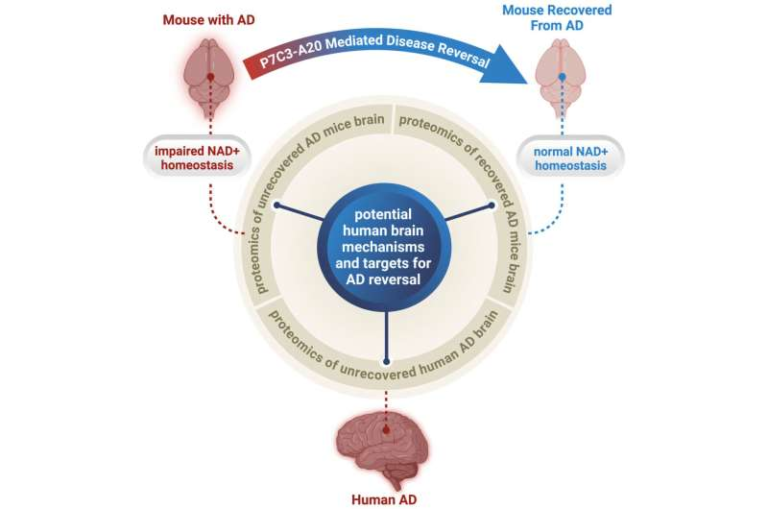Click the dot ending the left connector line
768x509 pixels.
click(x=277, y=206)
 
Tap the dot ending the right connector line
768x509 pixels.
click(x=492, y=206)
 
